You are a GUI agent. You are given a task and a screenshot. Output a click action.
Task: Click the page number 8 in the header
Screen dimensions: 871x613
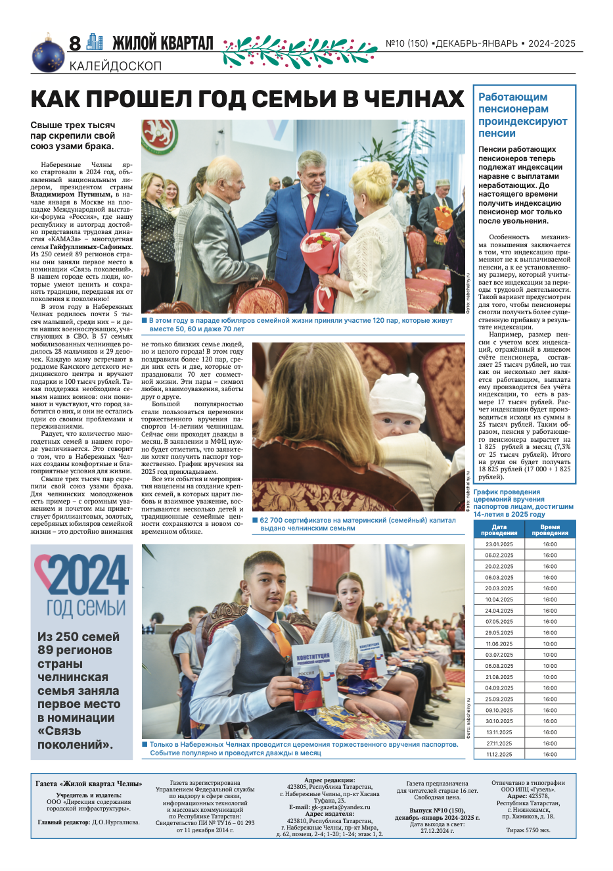coord(75,43)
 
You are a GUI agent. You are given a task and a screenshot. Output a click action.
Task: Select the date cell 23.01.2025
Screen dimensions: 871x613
coord(499,544)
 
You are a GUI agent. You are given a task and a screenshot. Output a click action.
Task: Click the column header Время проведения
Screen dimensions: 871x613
coord(550,530)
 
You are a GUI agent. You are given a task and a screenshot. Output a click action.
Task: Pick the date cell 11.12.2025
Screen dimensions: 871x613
coord(499,754)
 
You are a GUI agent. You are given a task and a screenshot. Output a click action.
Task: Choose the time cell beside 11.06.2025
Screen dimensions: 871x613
coord(550,644)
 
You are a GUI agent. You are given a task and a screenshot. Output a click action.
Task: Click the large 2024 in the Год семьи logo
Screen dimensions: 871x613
coord(81,575)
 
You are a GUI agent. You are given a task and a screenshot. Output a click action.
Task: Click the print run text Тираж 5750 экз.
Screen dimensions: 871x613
coord(528,830)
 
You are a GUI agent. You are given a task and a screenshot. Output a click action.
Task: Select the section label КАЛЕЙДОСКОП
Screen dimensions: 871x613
coord(115,66)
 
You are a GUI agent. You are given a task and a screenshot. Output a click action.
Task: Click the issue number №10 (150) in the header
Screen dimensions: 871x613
coord(407,43)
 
